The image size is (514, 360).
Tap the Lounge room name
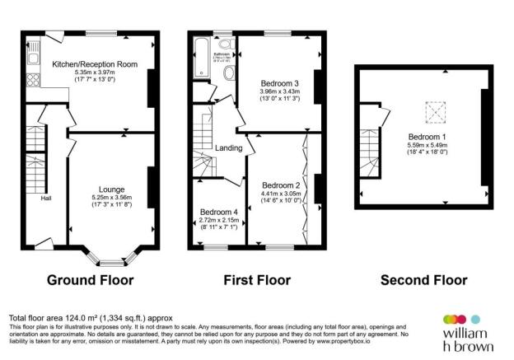(x=111, y=189)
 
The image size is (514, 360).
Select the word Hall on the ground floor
(x=46, y=198)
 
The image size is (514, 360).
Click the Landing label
(x=228, y=148)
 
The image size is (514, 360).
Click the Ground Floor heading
(x=90, y=280)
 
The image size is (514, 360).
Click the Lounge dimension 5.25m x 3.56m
(x=111, y=198)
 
